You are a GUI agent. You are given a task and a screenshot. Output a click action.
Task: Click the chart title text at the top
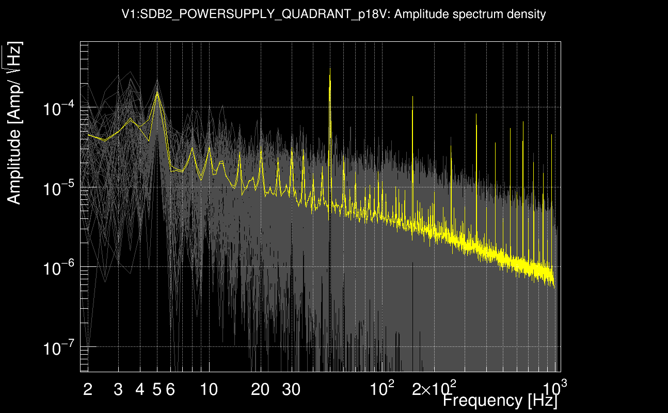click(333, 14)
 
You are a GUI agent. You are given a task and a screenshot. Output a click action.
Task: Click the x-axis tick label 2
click(88, 390)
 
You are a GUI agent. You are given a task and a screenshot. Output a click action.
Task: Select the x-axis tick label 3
click(118, 390)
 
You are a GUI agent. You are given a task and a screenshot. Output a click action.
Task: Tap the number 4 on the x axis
click(140, 390)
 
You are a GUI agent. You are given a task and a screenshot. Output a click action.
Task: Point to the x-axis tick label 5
click(157, 390)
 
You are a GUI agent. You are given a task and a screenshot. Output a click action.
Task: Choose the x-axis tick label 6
click(170, 390)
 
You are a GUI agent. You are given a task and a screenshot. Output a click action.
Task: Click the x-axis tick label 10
click(209, 390)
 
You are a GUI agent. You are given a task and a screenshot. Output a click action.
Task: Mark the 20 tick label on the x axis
click(260, 390)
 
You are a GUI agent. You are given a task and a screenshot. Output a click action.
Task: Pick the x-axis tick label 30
click(291, 390)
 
